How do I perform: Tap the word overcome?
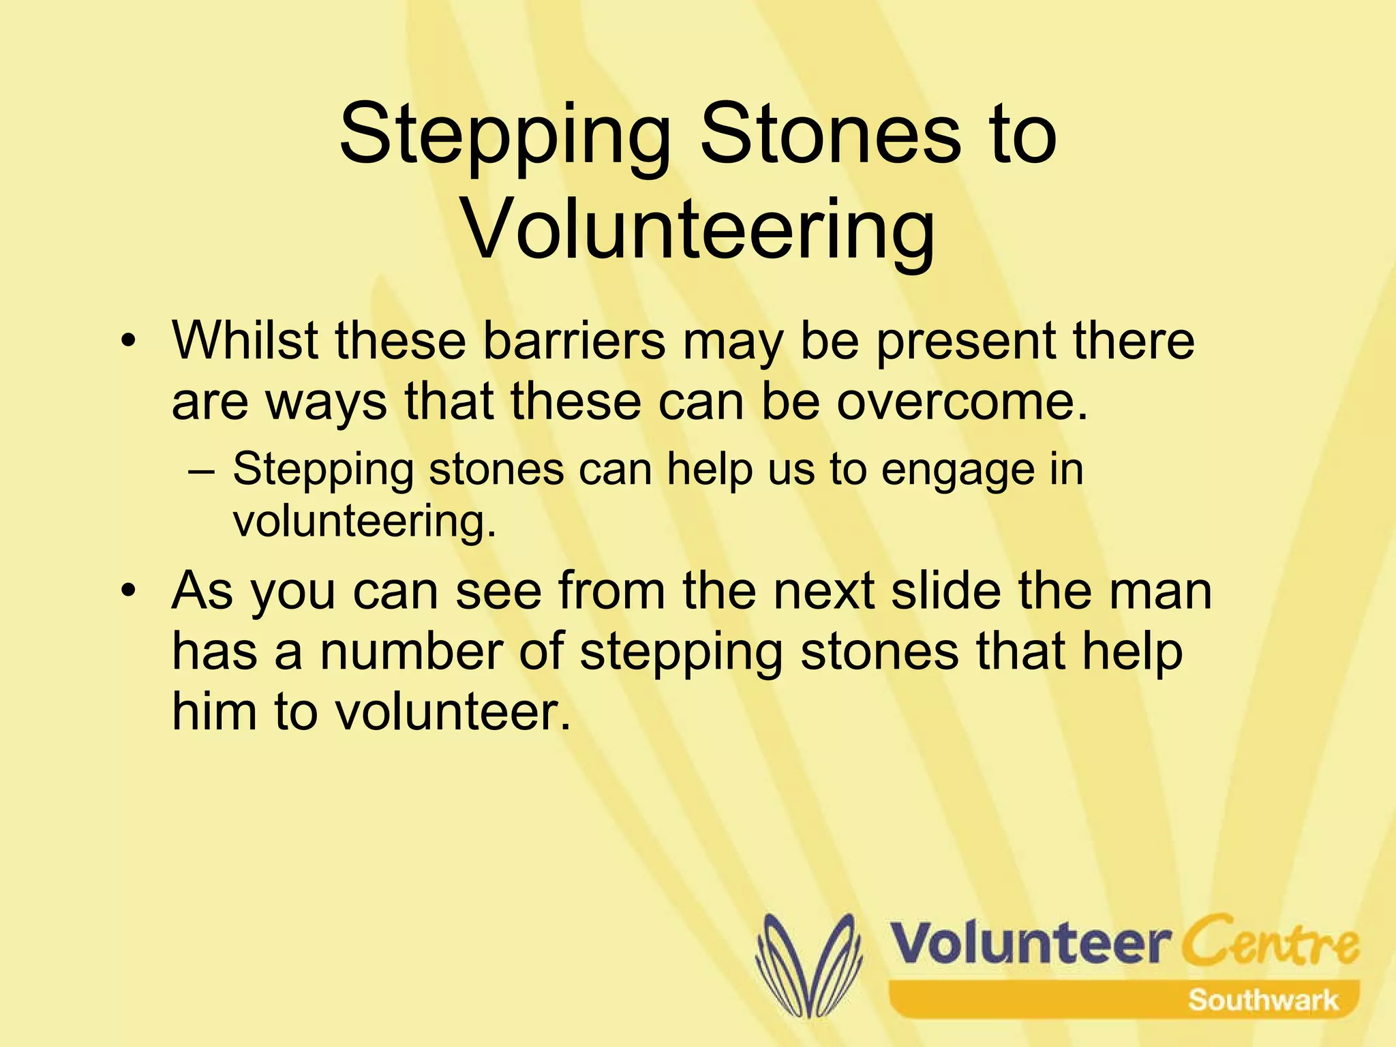click(962, 401)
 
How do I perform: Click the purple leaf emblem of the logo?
click(808, 965)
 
